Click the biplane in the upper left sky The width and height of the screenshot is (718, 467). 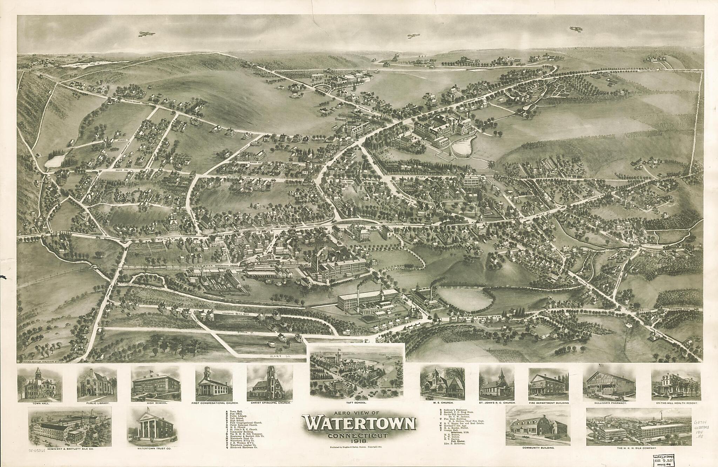point(147,34)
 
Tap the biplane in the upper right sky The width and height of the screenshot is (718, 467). point(575,29)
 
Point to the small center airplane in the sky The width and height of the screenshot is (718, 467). point(414,35)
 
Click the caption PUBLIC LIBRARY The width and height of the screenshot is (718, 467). point(97,403)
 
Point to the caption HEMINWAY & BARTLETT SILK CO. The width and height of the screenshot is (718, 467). point(70,449)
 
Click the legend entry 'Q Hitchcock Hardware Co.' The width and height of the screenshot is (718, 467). point(243,448)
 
